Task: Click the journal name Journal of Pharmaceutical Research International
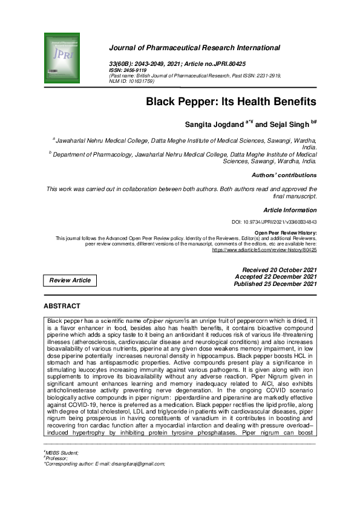[x=194, y=47]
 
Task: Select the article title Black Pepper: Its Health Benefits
[x=231, y=102]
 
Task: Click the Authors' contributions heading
[x=284, y=175]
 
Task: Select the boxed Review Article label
[x=70, y=280]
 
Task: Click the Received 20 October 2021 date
[x=279, y=270]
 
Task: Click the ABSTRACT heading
[x=62, y=306]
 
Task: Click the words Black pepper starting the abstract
[x=64, y=319]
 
